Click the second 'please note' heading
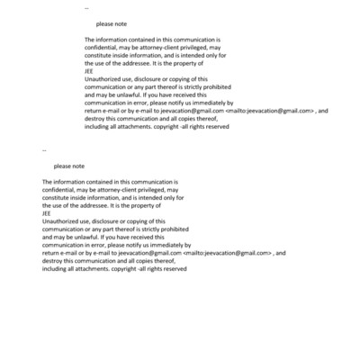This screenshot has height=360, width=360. [68, 166]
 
